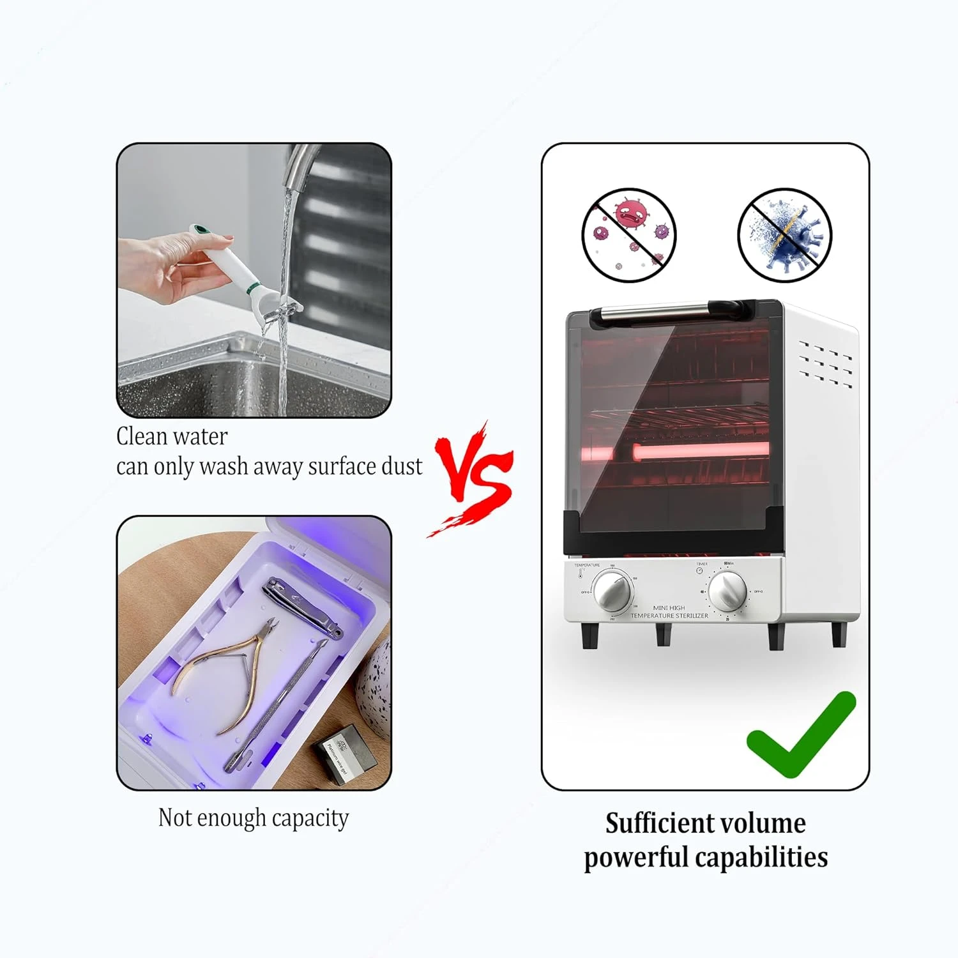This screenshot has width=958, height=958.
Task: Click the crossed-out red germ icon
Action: pos(629,234)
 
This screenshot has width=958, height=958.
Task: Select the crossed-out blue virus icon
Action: pos(785,234)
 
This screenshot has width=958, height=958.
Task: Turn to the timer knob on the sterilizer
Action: pos(727,591)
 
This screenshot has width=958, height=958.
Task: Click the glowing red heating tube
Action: pos(699,451)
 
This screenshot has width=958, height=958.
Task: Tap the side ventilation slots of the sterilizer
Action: pos(826,364)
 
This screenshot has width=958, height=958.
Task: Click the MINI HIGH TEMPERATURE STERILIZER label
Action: pos(669,612)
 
